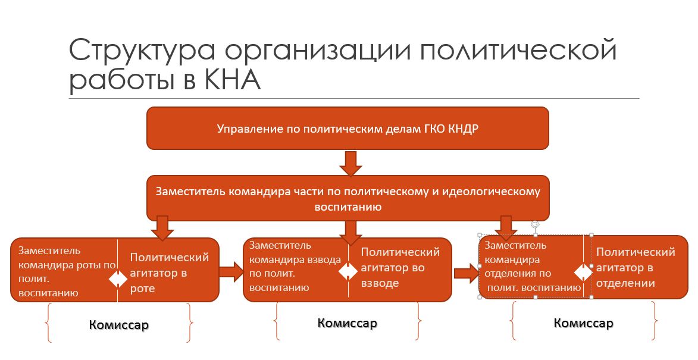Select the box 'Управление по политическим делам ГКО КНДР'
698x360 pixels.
(348, 128)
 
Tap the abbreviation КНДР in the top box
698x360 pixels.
(462, 129)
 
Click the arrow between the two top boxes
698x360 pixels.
(350, 163)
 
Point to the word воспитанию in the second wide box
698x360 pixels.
(348, 207)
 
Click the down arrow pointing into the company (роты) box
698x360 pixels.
(162, 228)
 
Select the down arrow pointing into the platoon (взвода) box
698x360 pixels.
(350, 232)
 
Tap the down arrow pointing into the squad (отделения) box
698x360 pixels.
(506, 228)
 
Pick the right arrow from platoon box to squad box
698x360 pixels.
(467, 273)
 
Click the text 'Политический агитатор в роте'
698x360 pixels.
(169, 273)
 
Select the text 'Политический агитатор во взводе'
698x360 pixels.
(400, 267)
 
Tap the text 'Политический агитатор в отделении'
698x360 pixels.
(636, 267)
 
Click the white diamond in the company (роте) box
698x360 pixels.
(118, 279)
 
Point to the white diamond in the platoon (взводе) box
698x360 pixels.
(348, 271)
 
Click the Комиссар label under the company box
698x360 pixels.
(119, 324)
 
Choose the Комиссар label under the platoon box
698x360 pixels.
(348, 323)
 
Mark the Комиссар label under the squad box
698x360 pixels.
(583, 323)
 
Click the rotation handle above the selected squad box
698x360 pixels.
(535, 225)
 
